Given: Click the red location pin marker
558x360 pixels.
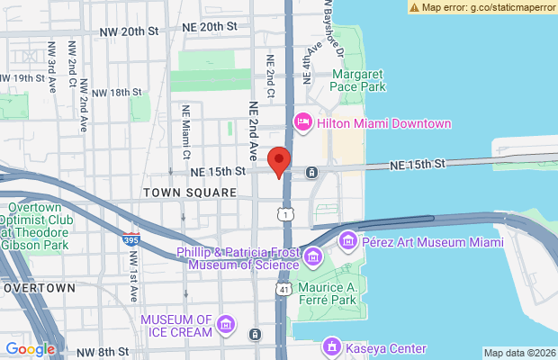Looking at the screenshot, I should pos(280,161).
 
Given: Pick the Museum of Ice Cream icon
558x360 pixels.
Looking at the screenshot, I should pos(226,325).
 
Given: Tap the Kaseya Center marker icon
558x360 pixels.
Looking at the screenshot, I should pos(331,347).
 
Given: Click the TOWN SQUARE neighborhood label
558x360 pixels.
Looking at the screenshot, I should pos(189,193).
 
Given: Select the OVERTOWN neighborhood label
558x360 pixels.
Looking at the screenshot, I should pos(38,288).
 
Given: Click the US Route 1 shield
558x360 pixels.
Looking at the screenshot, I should pos(285,214).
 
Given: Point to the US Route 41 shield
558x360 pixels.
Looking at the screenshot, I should pos(284,290).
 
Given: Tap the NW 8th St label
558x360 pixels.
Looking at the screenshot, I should pos(103,351).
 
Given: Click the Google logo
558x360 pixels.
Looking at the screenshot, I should pos(31,349).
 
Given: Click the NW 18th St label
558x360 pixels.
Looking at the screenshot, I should pos(117,92).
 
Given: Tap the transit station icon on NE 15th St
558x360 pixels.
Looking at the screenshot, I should pos(310,172).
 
